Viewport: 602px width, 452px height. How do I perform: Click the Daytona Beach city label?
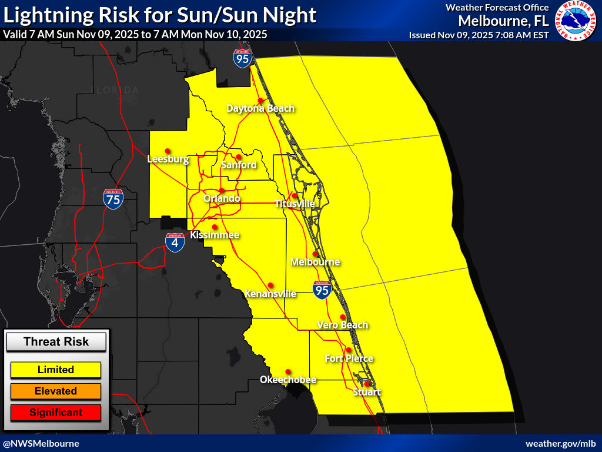tap(260, 108)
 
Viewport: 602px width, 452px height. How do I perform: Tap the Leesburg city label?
tap(168, 159)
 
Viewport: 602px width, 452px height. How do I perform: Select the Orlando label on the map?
tap(222, 199)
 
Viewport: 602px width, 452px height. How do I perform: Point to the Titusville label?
tap(295, 204)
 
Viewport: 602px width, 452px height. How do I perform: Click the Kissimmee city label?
tap(215, 235)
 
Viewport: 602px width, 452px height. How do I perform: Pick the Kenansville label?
tap(270, 294)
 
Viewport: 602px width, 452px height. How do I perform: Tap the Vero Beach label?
tap(343, 325)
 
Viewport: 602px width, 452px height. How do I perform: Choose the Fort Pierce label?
tap(349, 358)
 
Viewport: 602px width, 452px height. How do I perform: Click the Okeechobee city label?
tap(288, 380)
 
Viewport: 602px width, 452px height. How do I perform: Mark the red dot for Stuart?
tap(367, 384)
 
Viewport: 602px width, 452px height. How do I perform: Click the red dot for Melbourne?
tap(315, 254)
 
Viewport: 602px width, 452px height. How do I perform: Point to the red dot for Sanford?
tap(238, 157)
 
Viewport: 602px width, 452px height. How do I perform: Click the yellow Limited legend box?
tap(56, 370)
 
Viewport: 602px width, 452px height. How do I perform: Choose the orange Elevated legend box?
tap(56, 391)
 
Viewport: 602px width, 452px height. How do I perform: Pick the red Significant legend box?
tap(56, 412)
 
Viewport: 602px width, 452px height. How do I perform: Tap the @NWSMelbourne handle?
tap(41, 443)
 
